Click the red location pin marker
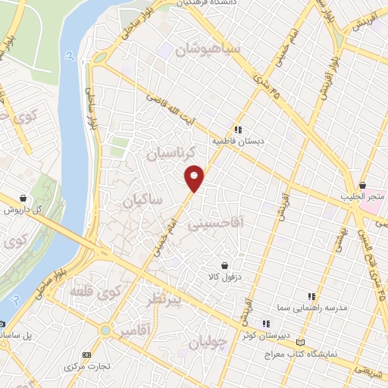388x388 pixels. [x=195, y=177]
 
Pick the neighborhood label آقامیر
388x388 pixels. [x=135, y=332]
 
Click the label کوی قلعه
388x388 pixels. [x=95, y=290]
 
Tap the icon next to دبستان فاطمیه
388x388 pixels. [x=238, y=130]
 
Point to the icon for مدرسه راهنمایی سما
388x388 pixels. [x=311, y=296]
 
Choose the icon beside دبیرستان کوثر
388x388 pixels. [x=266, y=321]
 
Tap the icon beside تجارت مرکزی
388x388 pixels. [x=85, y=355]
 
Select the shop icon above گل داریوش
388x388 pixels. [x=25, y=197]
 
